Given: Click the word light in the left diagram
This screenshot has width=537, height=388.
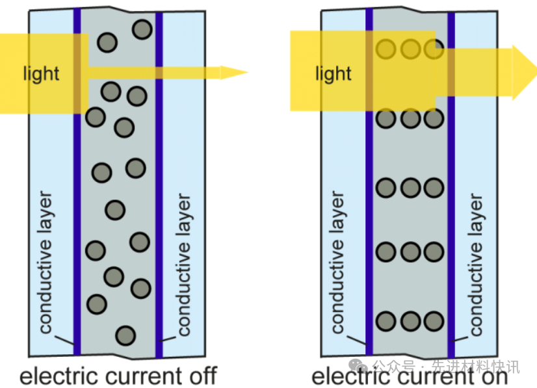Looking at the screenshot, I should [x=41, y=73].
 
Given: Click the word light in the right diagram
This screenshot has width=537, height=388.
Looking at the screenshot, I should [x=333, y=74].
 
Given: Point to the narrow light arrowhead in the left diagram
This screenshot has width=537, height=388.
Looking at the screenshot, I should [x=233, y=71].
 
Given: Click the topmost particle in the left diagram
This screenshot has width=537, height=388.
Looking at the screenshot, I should [x=142, y=29].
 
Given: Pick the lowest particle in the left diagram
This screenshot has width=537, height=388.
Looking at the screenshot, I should [x=125, y=335].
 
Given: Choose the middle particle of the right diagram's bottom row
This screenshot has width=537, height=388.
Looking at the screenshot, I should [x=410, y=321].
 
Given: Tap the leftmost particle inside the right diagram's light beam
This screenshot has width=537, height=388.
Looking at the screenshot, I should [x=386, y=49].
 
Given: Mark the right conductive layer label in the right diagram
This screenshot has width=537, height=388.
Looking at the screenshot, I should [x=477, y=264].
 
